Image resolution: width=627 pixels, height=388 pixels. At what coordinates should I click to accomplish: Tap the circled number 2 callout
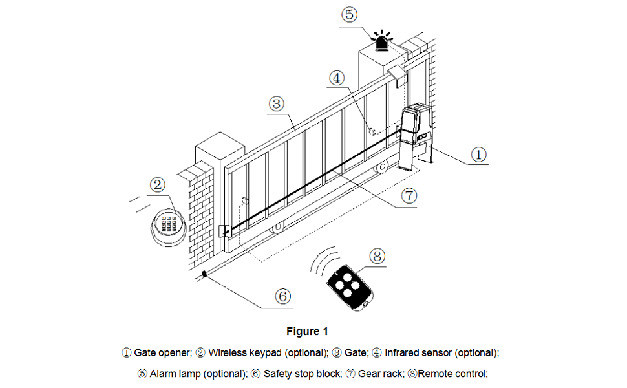click(x=158, y=185)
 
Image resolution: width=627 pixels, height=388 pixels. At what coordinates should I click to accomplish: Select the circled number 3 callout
click(x=276, y=103)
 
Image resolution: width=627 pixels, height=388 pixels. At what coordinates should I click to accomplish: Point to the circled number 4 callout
click(x=337, y=78)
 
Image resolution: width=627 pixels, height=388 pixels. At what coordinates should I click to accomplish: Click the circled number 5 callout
click(x=348, y=15)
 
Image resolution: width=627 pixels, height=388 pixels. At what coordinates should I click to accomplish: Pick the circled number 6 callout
click(x=283, y=296)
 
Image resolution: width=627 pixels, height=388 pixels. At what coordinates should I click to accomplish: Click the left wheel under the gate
click(x=278, y=228)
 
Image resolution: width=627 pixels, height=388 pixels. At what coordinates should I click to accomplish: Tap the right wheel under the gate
click(x=383, y=168)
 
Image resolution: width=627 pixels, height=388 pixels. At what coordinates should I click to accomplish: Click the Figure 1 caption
click(x=307, y=331)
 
